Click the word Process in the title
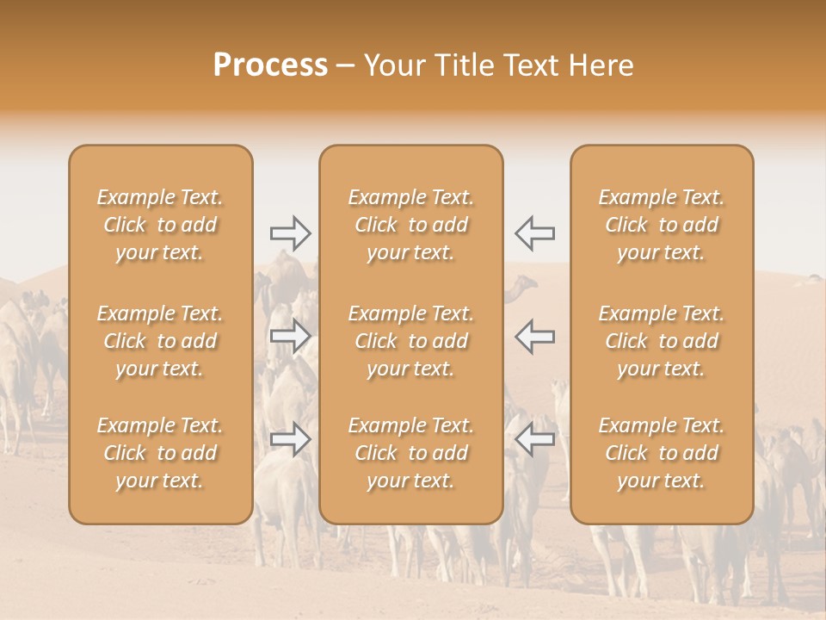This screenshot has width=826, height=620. tap(270, 65)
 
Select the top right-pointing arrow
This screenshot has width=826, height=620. tap(291, 232)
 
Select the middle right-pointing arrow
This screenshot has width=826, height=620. tap(291, 336)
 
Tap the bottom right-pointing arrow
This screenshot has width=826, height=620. tap(291, 439)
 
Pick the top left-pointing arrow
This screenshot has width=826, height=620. tap(534, 232)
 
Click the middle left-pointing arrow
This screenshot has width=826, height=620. tap(534, 336)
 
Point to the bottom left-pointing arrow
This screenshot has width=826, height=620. tap(534, 439)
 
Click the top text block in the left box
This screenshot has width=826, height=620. tap(160, 225)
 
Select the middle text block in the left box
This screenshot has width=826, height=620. tap(160, 341)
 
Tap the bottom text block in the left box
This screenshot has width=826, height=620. tap(160, 453)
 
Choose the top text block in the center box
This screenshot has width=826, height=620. tap(411, 225)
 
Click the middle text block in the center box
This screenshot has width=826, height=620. tap(411, 341)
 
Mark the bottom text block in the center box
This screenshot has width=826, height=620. tap(411, 453)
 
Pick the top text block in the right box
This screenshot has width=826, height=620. tap(662, 225)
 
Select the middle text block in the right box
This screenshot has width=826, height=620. tap(662, 341)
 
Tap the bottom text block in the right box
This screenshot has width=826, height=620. tap(662, 453)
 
